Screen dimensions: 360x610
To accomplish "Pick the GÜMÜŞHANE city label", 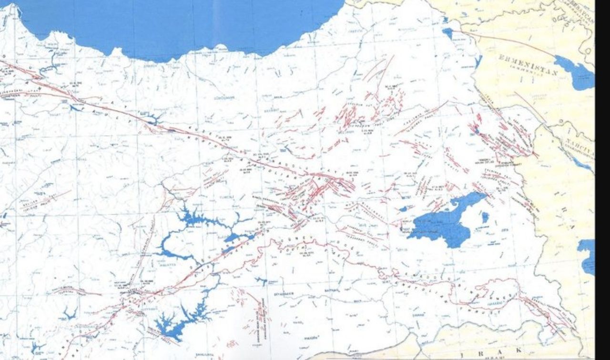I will click(x=224, y=98).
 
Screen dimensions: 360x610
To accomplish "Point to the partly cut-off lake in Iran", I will click(x=588, y=255).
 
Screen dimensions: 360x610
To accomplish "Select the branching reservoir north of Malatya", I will click(x=200, y=221).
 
